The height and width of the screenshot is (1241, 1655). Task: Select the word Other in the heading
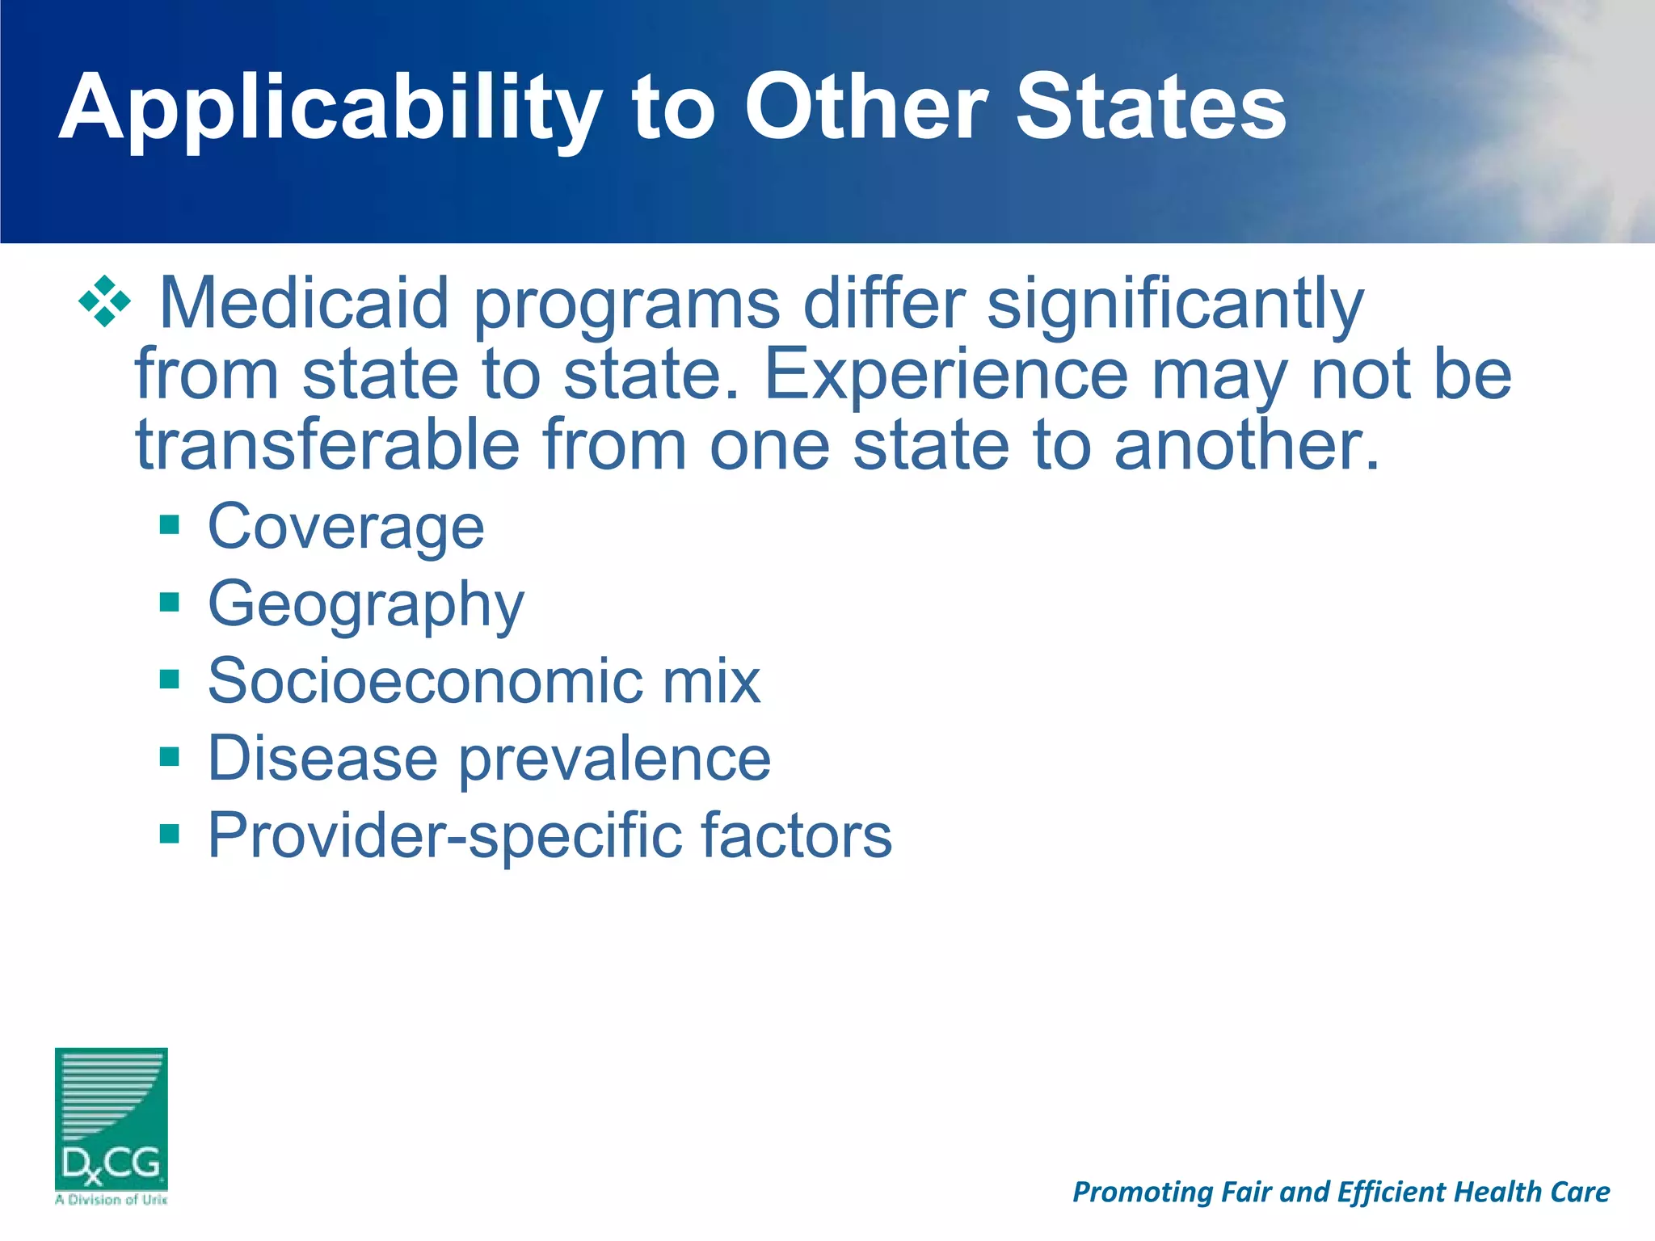[x=865, y=107]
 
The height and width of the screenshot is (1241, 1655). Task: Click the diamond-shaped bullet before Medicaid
[x=104, y=301]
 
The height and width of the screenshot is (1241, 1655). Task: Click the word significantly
[x=1175, y=305]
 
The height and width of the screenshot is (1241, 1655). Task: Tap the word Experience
[x=945, y=376]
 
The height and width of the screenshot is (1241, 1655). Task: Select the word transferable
[x=327, y=445]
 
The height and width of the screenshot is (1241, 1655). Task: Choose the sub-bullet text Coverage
[x=346, y=527]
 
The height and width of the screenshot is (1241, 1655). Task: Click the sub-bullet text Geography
[x=365, y=605]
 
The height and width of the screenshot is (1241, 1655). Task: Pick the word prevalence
[x=615, y=759]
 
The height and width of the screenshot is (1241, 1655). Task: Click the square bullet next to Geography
[x=169, y=602]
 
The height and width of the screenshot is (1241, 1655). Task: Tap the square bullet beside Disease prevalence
[x=169, y=757]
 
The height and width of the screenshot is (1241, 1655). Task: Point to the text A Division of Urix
[x=112, y=1200]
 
